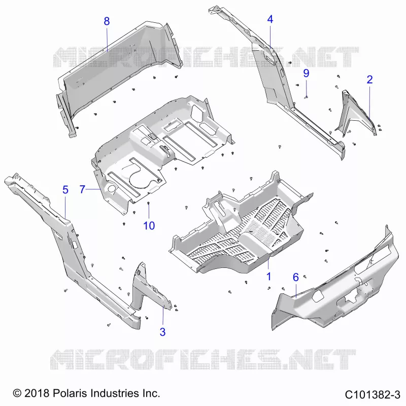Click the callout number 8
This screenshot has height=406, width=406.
(x=107, y=21)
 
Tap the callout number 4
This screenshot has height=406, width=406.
(x=270, y=19)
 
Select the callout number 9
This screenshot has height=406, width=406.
(x=306, y=73)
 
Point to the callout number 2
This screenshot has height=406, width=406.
(x=370, y=80)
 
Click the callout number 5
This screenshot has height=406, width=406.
(x=65, y=190)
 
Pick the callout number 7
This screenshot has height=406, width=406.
(x=82, y=189)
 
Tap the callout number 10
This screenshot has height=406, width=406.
(x=149, y=226)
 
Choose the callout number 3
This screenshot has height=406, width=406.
(x=162, y=332)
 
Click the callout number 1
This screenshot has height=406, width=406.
(x=269, y=277)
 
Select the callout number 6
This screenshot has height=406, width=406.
(x=296, y=277)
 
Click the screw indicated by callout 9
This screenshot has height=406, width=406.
(x=306, y=97)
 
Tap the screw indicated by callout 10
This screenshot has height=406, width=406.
(x=149, y=204)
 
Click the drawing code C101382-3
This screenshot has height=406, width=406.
(x=373, y=395)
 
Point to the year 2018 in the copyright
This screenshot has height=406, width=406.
(x=36, y=393)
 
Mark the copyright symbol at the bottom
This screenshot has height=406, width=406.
(x=17, y=393)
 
